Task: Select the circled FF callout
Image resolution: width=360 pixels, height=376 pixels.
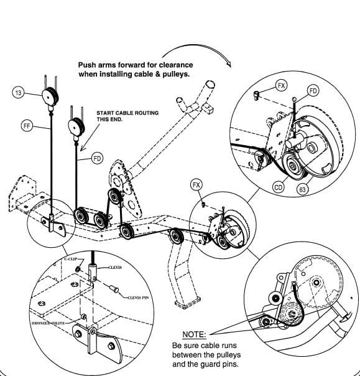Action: pos(26,125)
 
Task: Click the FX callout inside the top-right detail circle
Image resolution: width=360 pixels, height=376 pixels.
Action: pos(282,85)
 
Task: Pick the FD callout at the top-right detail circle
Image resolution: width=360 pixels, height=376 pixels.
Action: pos(313,91)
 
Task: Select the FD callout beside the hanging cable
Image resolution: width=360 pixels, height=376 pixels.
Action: pos(97,158)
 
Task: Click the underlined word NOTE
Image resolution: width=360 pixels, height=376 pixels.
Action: pos(194,334)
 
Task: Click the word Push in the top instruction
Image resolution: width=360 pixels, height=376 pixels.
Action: pos(88,65)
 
